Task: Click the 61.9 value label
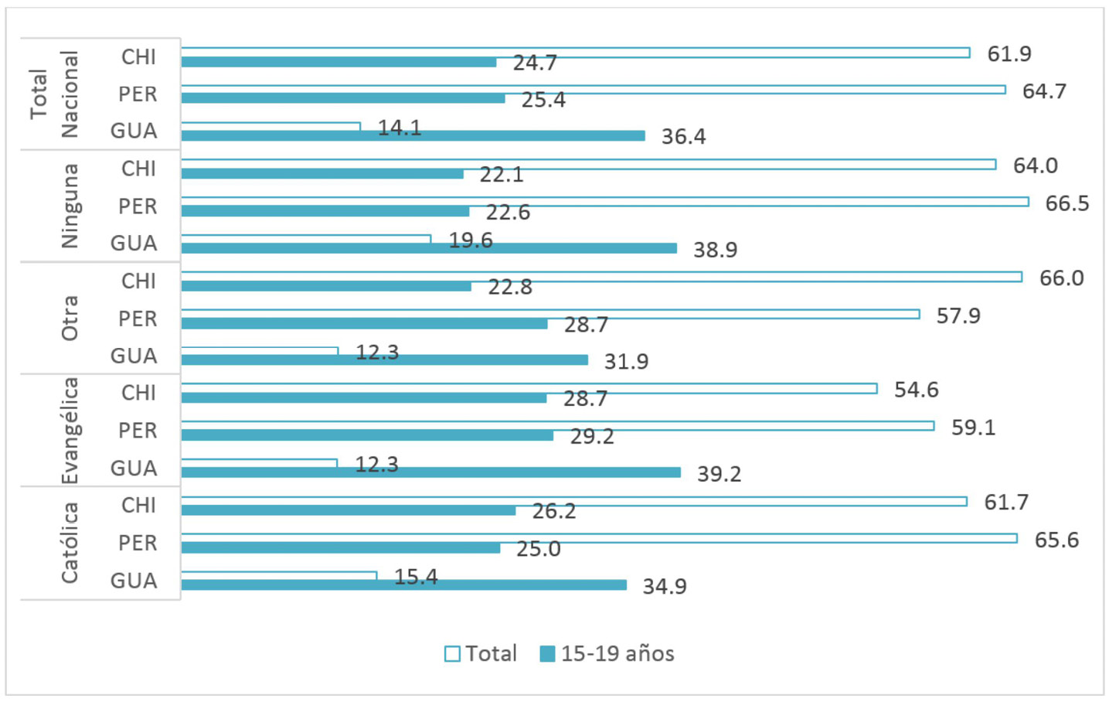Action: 1009,54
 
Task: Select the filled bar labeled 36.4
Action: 413,136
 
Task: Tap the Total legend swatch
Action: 452,654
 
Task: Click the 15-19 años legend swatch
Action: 547,654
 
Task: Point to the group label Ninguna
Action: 70,206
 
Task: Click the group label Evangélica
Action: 70,431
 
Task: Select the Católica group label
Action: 70,543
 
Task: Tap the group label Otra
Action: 70,318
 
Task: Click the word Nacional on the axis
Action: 70,94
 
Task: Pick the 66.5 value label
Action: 1066,203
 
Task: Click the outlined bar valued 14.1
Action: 270,126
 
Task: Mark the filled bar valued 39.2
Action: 430,472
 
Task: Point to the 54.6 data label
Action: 916,390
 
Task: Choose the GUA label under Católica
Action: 134,581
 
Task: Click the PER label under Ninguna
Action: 138,206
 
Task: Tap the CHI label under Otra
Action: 138,281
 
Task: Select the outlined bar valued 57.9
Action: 550,314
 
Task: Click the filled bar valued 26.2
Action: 348,510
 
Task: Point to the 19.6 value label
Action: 471,240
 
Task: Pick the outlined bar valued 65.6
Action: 599,538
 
